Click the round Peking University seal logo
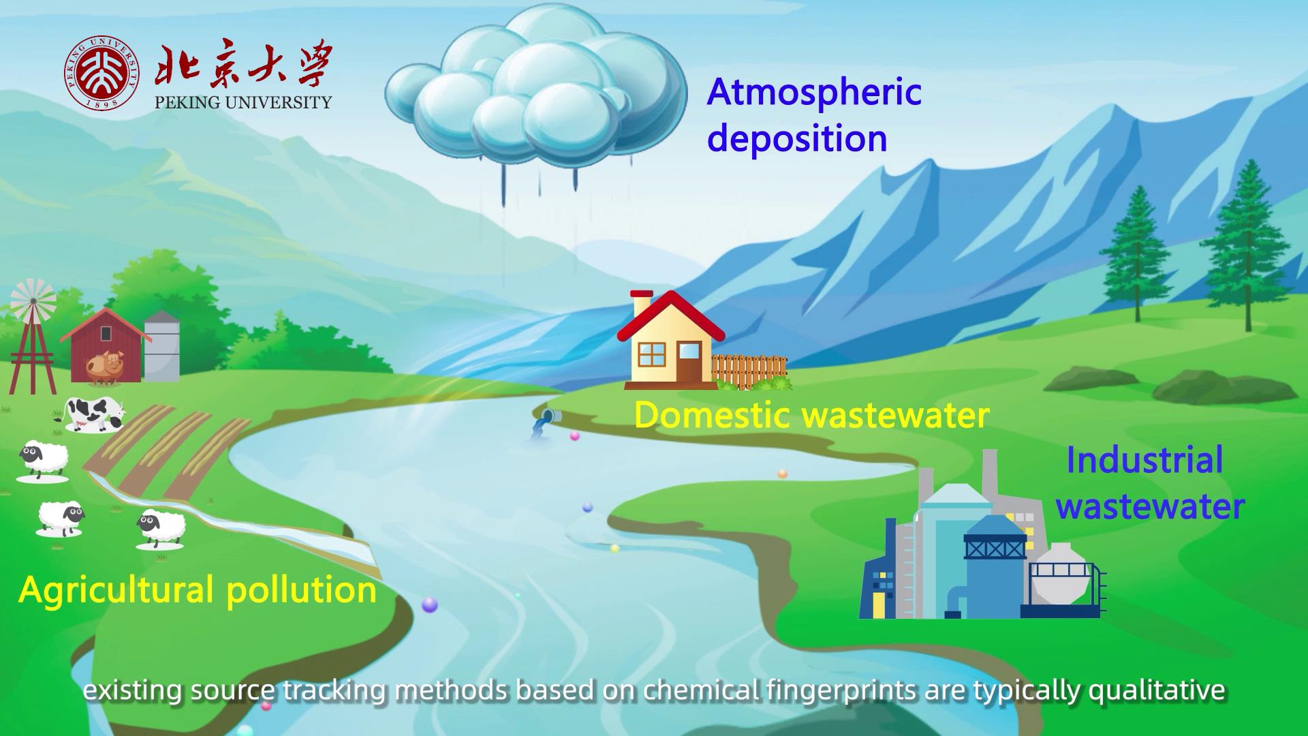click(x=103, y=73)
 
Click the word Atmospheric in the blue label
click(x=814, y=93)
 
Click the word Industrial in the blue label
click(x=1144, y=460)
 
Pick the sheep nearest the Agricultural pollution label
click(x=161, y=529)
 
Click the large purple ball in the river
click(x=430, y=604)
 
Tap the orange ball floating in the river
click(x=783, y=474)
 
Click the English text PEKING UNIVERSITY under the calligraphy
click(x=243, y=103)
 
